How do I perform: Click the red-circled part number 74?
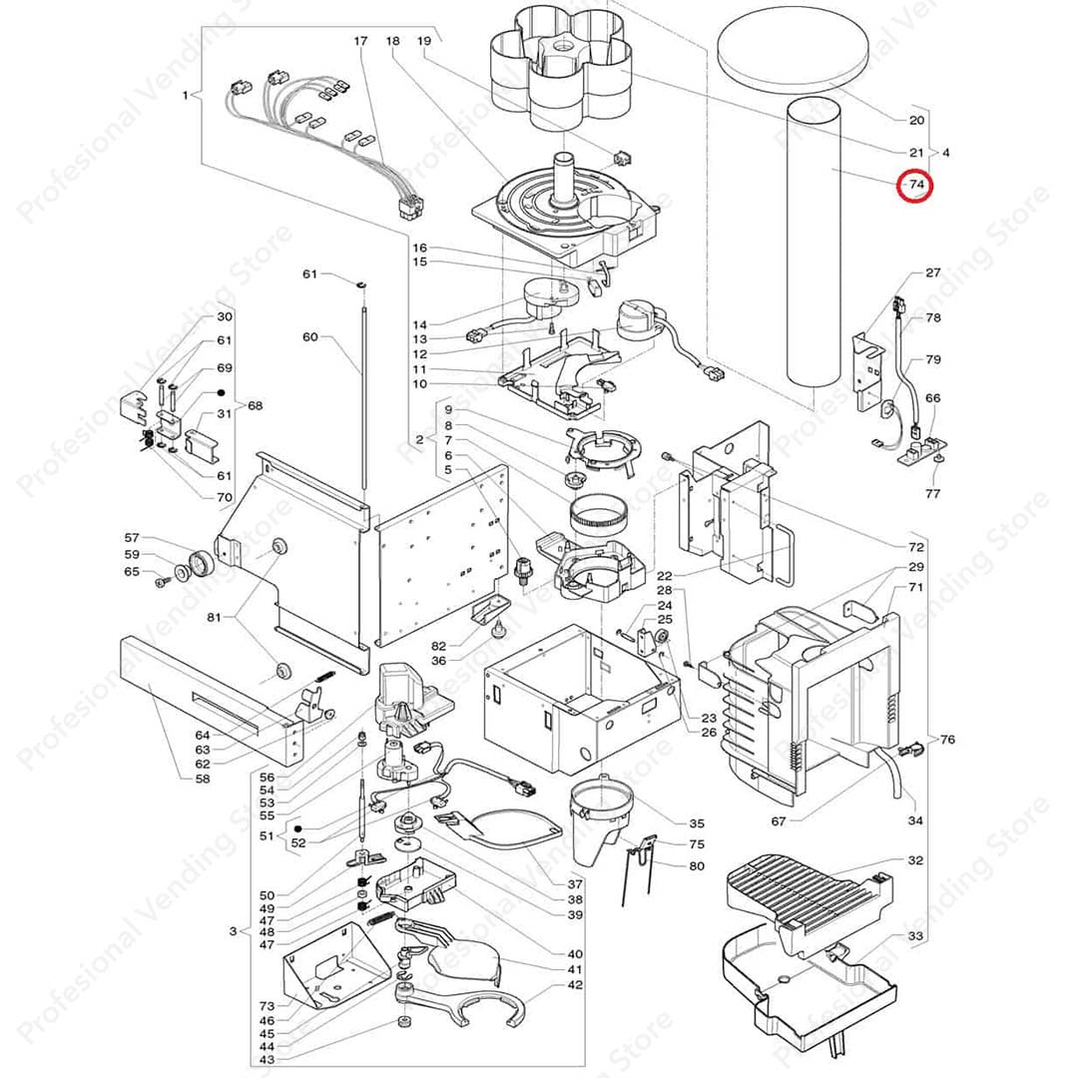pyautogui.click(x=915, y=186)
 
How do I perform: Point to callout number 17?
pyautogui.click(x=360, y=42)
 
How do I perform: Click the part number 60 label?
pyautogui.click(x=309, y=336)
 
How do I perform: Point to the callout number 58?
pyautogui.click(x=203, y=779)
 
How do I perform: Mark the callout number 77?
pyautogui.click(x=933, y=493)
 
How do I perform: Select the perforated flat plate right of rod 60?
pyautogui.click(x=439, y=569)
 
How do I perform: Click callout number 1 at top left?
pyautogui.click(x=186, y=96)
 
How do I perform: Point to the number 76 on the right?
pyautogui.click(x=947, y=740)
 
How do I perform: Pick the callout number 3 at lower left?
pyautogui.click(x=233, y=931)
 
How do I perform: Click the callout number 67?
pyautogui.click(x=778, y=822)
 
